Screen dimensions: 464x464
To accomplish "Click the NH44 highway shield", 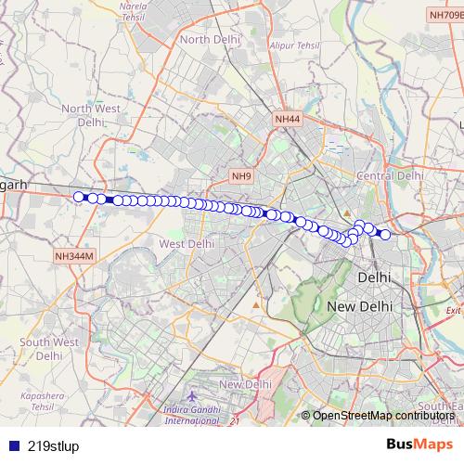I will [x=288, y=120].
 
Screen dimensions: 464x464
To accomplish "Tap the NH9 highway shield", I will [x=242, y=175].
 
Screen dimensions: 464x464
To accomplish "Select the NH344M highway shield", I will [x=75, y=255].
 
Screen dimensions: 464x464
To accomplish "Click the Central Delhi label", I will [x=391, y=175].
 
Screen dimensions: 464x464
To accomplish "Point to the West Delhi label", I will [x=187, y=243].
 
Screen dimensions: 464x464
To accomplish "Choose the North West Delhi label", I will [x=91, y=115].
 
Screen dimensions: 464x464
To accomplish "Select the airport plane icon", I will [x=191, y=396].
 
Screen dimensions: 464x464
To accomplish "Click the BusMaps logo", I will [x=420, y=444].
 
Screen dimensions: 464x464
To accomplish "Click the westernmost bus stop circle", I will [x=79, y=196].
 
